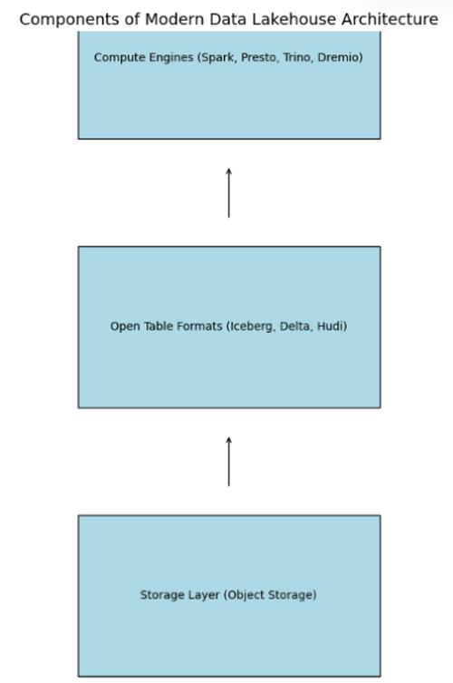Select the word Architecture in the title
point(390,19)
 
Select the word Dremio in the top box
point(340,57)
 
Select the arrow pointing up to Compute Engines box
point(229,192)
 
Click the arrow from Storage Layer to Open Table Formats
point(229,462)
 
